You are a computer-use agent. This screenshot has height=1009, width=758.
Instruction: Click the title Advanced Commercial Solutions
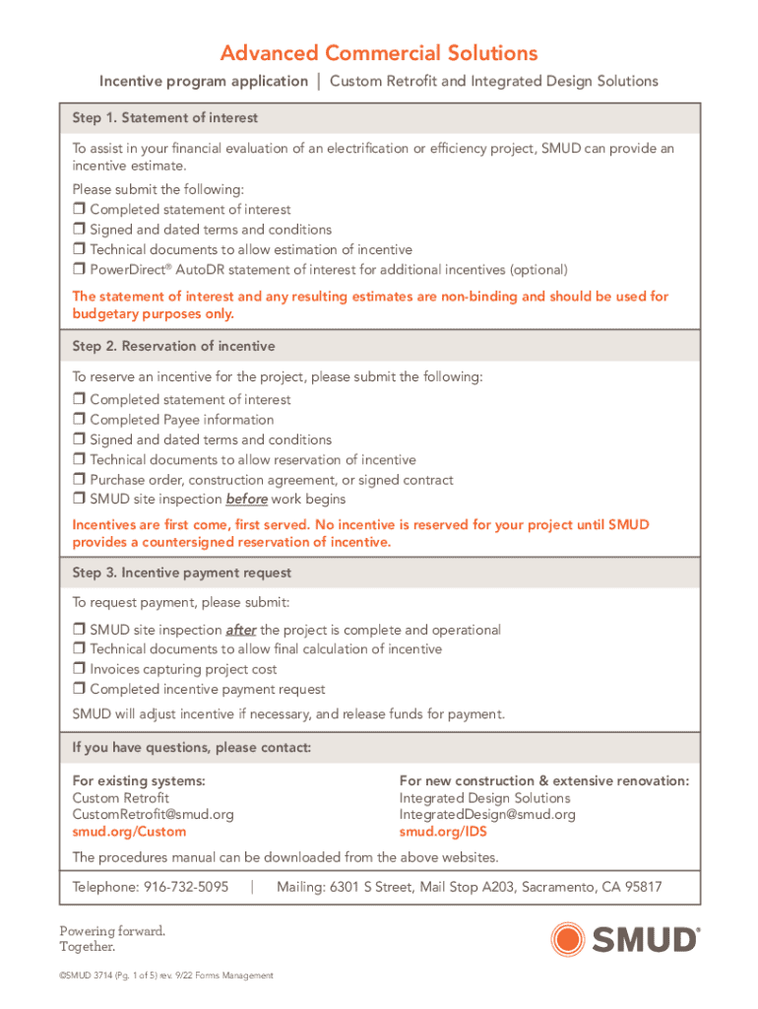click(x=379, y=52)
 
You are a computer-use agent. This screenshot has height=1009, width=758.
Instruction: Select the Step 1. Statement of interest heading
click(x=165, y=118)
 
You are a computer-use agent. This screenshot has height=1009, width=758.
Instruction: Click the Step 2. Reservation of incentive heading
click(x=173, y=347)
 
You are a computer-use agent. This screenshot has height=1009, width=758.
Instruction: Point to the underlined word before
click(x=247, y=500)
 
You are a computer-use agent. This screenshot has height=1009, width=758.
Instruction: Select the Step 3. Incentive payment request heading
click(x=182, y=572)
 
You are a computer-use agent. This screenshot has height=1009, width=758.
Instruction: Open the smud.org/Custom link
click(x=129, y=832)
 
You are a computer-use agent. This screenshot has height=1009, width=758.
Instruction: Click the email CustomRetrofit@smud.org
click(x=154, y=815)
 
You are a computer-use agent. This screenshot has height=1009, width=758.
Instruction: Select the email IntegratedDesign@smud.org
click(x=487, y=815)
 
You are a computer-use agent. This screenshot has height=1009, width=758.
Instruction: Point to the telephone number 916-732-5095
click(x=186, y=887)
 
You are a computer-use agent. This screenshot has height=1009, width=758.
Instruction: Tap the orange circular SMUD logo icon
click(x=569, y=939)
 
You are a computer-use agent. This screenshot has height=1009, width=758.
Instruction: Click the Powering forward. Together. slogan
click(x=98, y=939)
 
